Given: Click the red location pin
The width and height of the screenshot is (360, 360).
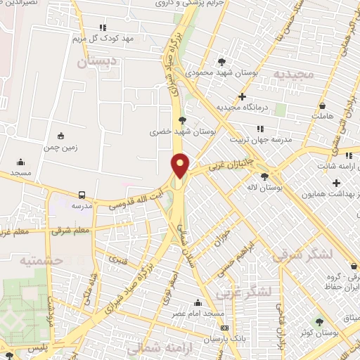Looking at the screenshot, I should (x=181, y=165).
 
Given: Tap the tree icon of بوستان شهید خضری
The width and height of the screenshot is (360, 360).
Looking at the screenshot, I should (x=182, y=120).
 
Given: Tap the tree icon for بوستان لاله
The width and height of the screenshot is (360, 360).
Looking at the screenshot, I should (x=264, y=177).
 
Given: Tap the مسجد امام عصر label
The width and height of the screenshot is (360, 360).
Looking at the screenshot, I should (x=219, y=313).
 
